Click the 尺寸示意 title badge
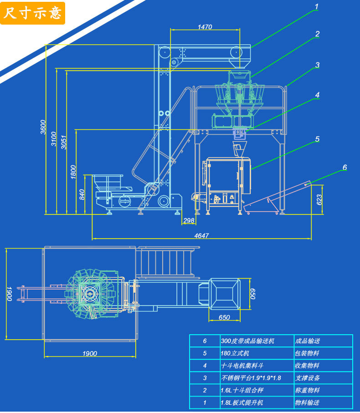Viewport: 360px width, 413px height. pos(32,13)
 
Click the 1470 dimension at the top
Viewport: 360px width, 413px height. pos(205,27)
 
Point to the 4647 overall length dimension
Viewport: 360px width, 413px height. pos(201,235)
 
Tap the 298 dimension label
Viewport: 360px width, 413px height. pos(189,220)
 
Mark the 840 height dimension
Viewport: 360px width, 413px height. pos(82,194)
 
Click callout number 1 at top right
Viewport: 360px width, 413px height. pos(317,6)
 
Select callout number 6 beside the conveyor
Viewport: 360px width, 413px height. pos(345,167)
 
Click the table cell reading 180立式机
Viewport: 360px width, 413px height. pos(235,353)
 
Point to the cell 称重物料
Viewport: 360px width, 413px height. pos(307,390)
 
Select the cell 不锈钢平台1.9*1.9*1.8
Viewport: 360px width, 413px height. pos(251,378)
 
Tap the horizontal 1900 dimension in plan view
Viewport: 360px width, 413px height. pos(90,353)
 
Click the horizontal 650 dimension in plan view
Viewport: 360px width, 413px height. pos(224,317)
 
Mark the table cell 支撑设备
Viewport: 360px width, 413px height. pos(307,378)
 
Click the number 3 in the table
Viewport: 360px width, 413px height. pos(205,378)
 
